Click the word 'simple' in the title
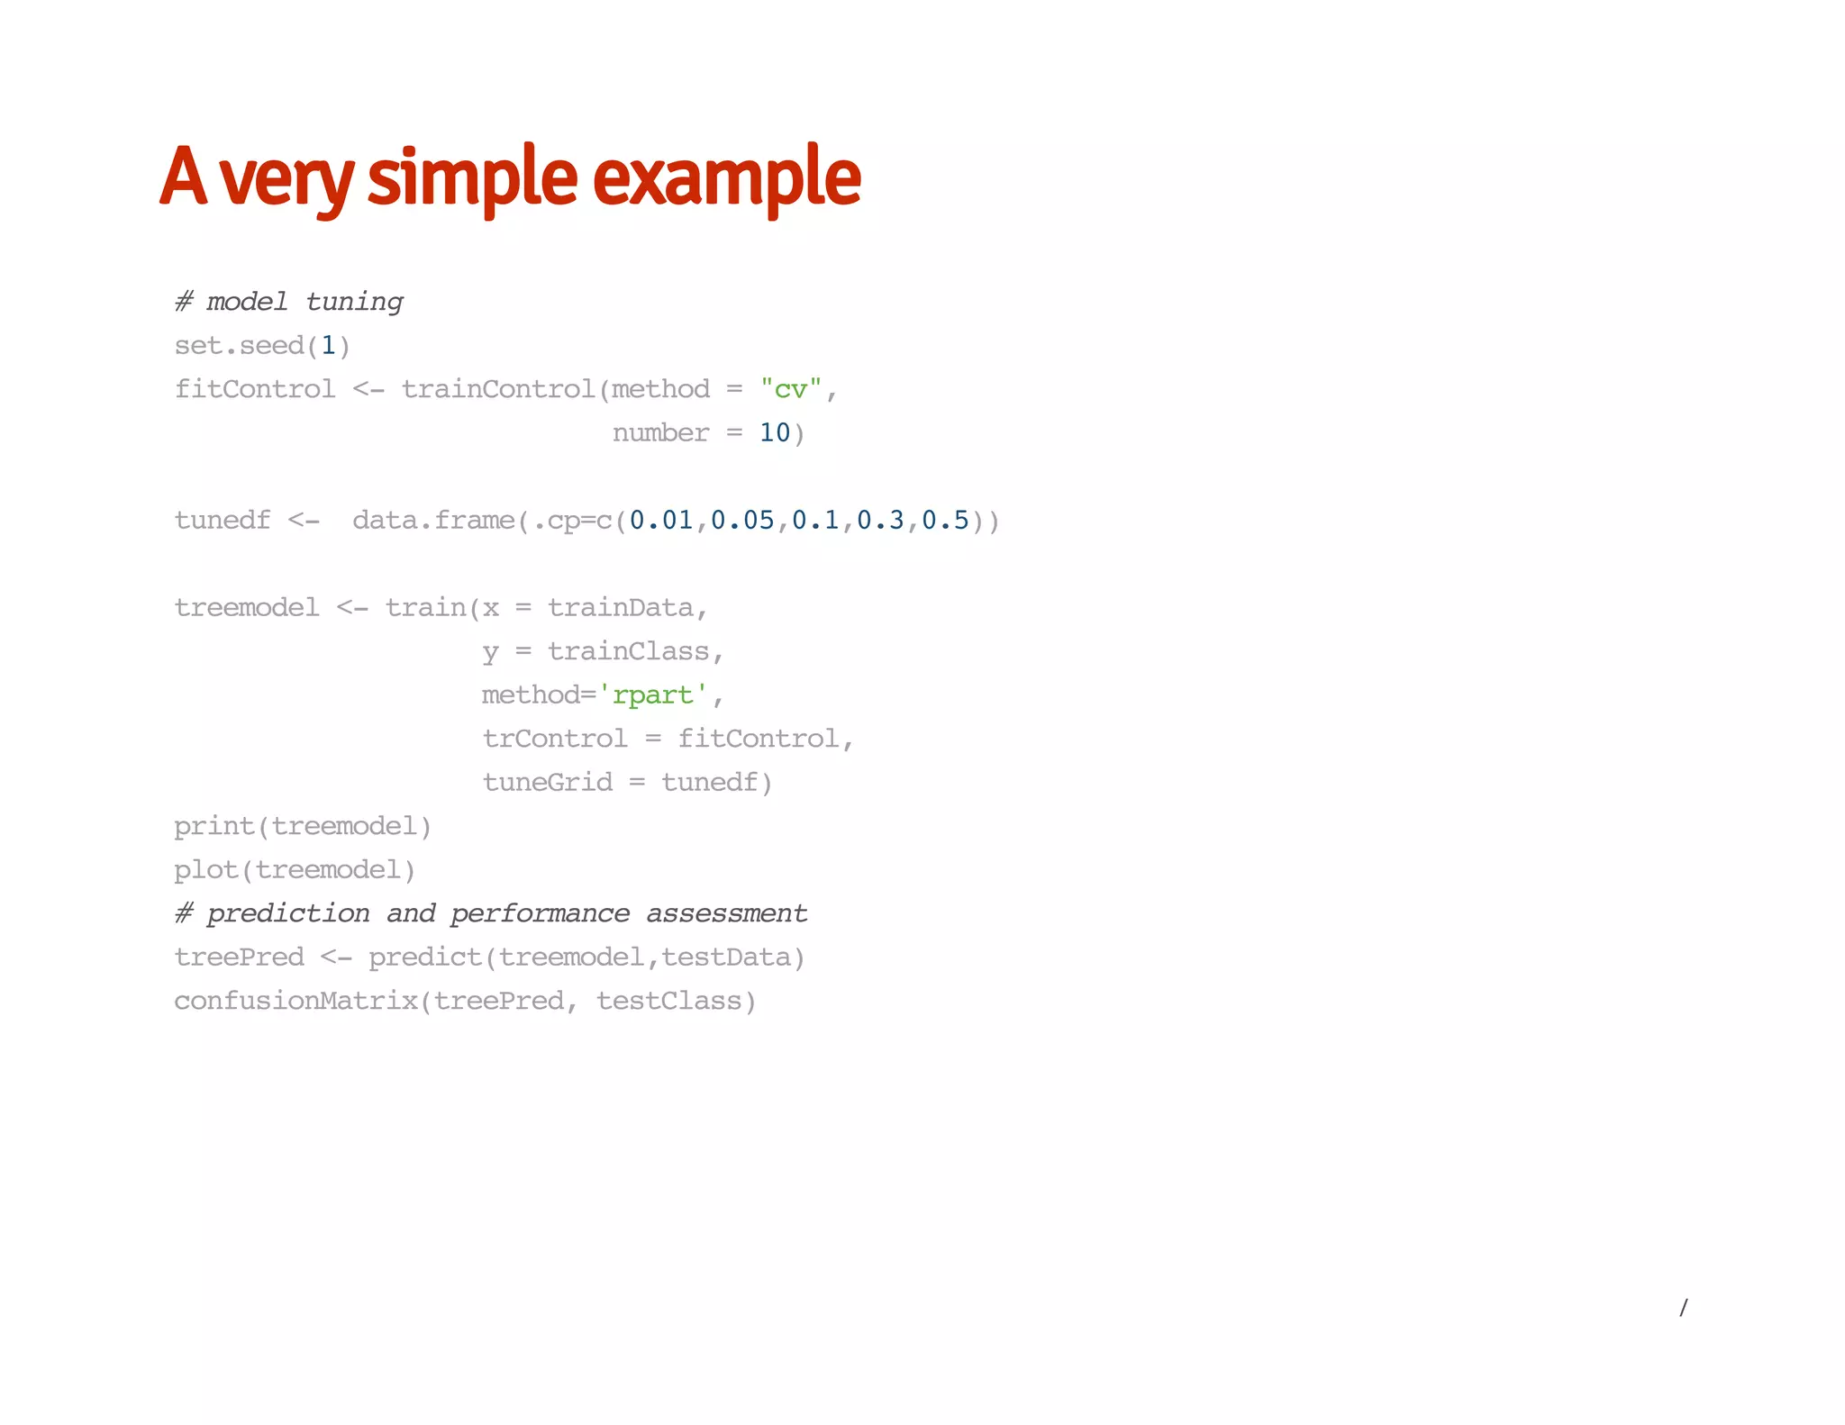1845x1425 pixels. pos(472,177)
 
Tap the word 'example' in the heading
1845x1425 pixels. pos(726,177)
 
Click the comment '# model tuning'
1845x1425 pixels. pos(289,302)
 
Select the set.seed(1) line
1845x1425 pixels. pos(262,346)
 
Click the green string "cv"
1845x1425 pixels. pos(791,389)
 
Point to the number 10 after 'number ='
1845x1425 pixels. pos(775,433)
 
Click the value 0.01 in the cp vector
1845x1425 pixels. pos(661,521)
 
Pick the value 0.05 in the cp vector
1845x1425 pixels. pos(742,521)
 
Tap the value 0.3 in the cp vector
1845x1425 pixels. pos(880,521)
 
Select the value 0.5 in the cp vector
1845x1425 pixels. pos(945,521)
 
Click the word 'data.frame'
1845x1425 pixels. pos(433,521)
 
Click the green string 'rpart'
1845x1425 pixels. pos(653,695)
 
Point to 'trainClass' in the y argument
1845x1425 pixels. pos(629,651)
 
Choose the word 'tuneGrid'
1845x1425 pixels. pos(547,783)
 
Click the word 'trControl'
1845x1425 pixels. pos(555,739)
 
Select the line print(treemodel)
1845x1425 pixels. pos(303,826)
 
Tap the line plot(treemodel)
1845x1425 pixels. pos(295,870)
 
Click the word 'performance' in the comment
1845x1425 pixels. pos(540,913)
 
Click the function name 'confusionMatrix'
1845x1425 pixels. pos(295,1001)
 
